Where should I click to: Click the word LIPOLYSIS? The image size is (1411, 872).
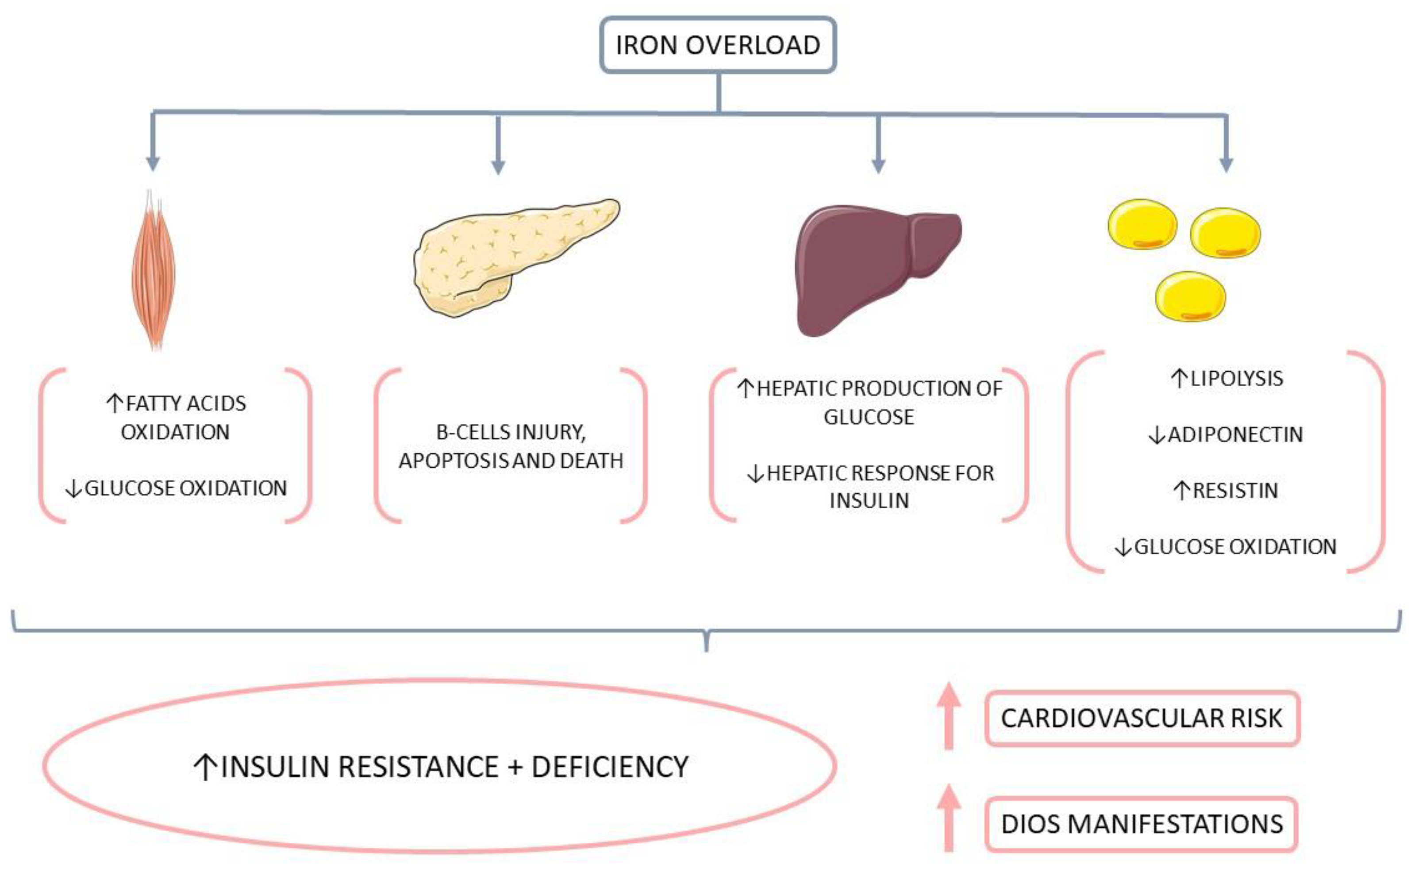(x=1236, y=379)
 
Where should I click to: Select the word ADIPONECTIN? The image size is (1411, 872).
(x=1235, y=435)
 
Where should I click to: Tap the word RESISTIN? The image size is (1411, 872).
(x=1235, y=491)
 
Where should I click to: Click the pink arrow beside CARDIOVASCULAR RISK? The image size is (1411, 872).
(x=949, y=715)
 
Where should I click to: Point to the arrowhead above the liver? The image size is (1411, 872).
(x=878, y=166)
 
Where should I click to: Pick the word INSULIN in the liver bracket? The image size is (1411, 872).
(x=869, y=501)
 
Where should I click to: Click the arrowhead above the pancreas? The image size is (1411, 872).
(x=498, y=167)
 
